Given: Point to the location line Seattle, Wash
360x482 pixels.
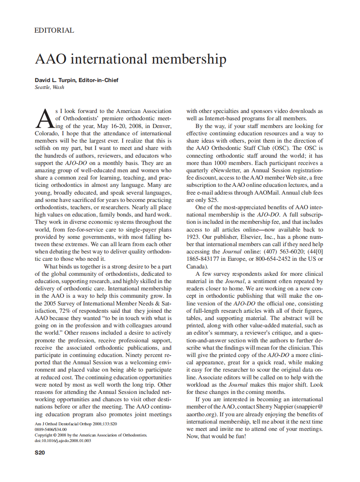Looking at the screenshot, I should click(49, 87).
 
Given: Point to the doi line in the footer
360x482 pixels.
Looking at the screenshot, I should click(63, 440).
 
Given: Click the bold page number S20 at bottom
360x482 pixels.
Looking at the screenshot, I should click(40, 452).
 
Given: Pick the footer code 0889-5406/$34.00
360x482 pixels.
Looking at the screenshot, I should click(51, 429).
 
